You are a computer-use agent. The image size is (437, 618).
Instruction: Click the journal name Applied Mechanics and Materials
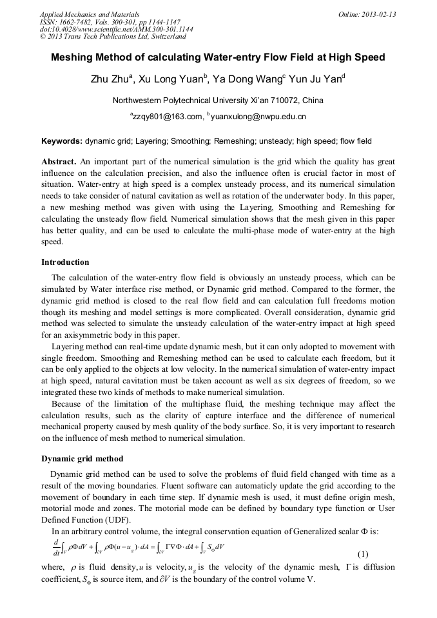coord(89,14)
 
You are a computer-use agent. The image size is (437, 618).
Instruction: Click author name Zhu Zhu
coord(112,80)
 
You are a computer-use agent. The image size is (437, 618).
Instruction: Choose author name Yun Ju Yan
coord(320,80)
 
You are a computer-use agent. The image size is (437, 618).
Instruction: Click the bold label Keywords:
coord(62,140)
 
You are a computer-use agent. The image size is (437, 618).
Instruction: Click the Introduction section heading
coord(65,262)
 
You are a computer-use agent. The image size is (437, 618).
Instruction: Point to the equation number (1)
coord(363,554)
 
